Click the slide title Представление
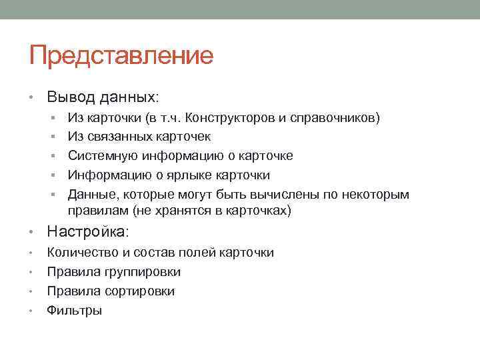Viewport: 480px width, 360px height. click(x=121, y=55)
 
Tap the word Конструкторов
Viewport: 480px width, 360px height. click(x=229, y=119)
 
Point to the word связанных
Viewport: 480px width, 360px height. click(x=118, y=137)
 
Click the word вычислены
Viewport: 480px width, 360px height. click(x=300, y=195)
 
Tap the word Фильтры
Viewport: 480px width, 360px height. click(x=74, y=311)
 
